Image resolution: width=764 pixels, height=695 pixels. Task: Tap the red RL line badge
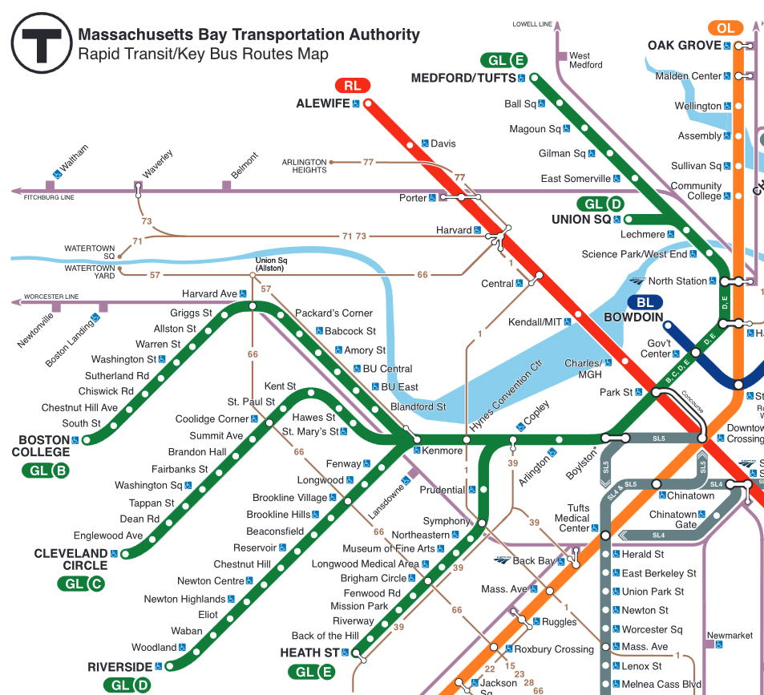pyautogui.click(x=352, y=86)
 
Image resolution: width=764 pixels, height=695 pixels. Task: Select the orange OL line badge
pyautogui.click(x=726, y=29)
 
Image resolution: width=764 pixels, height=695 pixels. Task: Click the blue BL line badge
pyautogui.click(x=645, y=302)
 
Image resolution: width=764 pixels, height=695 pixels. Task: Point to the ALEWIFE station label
pyautogui.click(x=323, y=103)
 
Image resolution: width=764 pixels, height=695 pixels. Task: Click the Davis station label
pyautogui.click(x=443, y=143)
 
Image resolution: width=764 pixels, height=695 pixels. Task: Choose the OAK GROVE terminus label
pyautogui.click(x=684, y=46)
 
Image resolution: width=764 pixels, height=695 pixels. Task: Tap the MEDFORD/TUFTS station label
pyautogui.click(x=463, y=78)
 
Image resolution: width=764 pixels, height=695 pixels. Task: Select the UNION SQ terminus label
pyautogui.click(x=581, y=219)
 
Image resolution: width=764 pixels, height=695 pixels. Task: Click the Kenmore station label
pyautogui.click(x=443, y=451)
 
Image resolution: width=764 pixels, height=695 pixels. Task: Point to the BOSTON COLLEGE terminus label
pyautogui.click(x=41, y=446)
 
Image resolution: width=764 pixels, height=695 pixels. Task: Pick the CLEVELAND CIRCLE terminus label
pyautogui.click(x=71, y=559)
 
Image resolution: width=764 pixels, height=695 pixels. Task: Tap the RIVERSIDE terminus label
pyautogui.click(x=120, y=666)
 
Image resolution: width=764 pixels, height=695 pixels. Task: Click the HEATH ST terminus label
pyautogui.click(x=309, y=653)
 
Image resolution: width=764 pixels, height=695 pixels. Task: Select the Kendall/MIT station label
pyautogui.click(x=535, y=322)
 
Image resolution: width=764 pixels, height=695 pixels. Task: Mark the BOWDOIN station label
pyautogui.click(x=633, y=317)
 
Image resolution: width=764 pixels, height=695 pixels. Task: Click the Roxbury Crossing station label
pyautogui.click(x=554, y=649)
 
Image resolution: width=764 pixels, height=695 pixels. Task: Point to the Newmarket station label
pyautogui.click(x=730, y=636)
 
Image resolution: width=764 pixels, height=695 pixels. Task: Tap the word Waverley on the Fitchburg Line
pyautogui.click(x=157, y=163)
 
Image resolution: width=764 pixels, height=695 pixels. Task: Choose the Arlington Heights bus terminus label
pyautogui.click(x=305, y=166)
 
